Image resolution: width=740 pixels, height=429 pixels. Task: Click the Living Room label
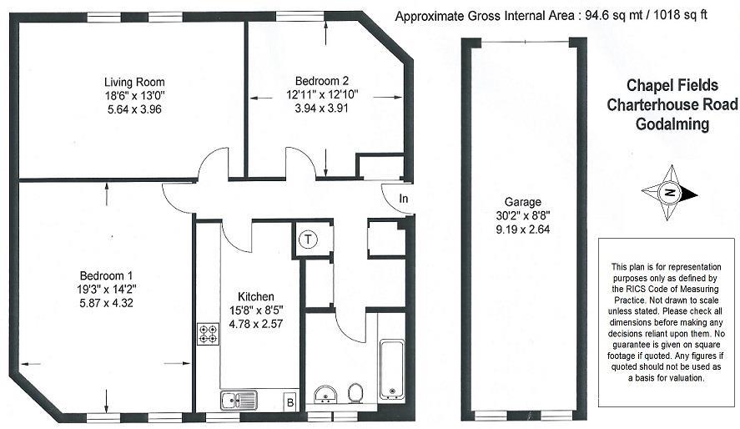coord(133,82)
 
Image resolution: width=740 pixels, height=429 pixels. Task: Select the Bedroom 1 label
coord(106,276)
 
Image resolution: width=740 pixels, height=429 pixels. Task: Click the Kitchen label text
coord(256,297)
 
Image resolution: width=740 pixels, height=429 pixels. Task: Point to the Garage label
coord(522,202)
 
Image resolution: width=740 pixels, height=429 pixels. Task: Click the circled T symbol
coord(310,240)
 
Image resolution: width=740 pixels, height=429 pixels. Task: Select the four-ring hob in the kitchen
coord(207,334)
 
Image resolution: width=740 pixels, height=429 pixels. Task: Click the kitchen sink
coord(239,400)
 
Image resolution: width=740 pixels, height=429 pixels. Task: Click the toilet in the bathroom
coord(355,392)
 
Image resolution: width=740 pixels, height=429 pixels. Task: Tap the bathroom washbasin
coord(325,394)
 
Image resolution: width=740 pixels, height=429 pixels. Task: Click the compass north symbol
coord(670,193)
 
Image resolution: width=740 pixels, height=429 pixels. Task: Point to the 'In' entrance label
coord(404,199)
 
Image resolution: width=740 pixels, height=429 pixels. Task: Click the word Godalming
coord(671,125)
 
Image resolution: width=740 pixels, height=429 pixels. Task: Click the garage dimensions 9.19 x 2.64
coord(522,229)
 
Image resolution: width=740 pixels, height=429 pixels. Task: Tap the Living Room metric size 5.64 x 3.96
coord(133,109)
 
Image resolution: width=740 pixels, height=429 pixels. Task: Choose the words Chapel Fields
coord(671,85)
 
